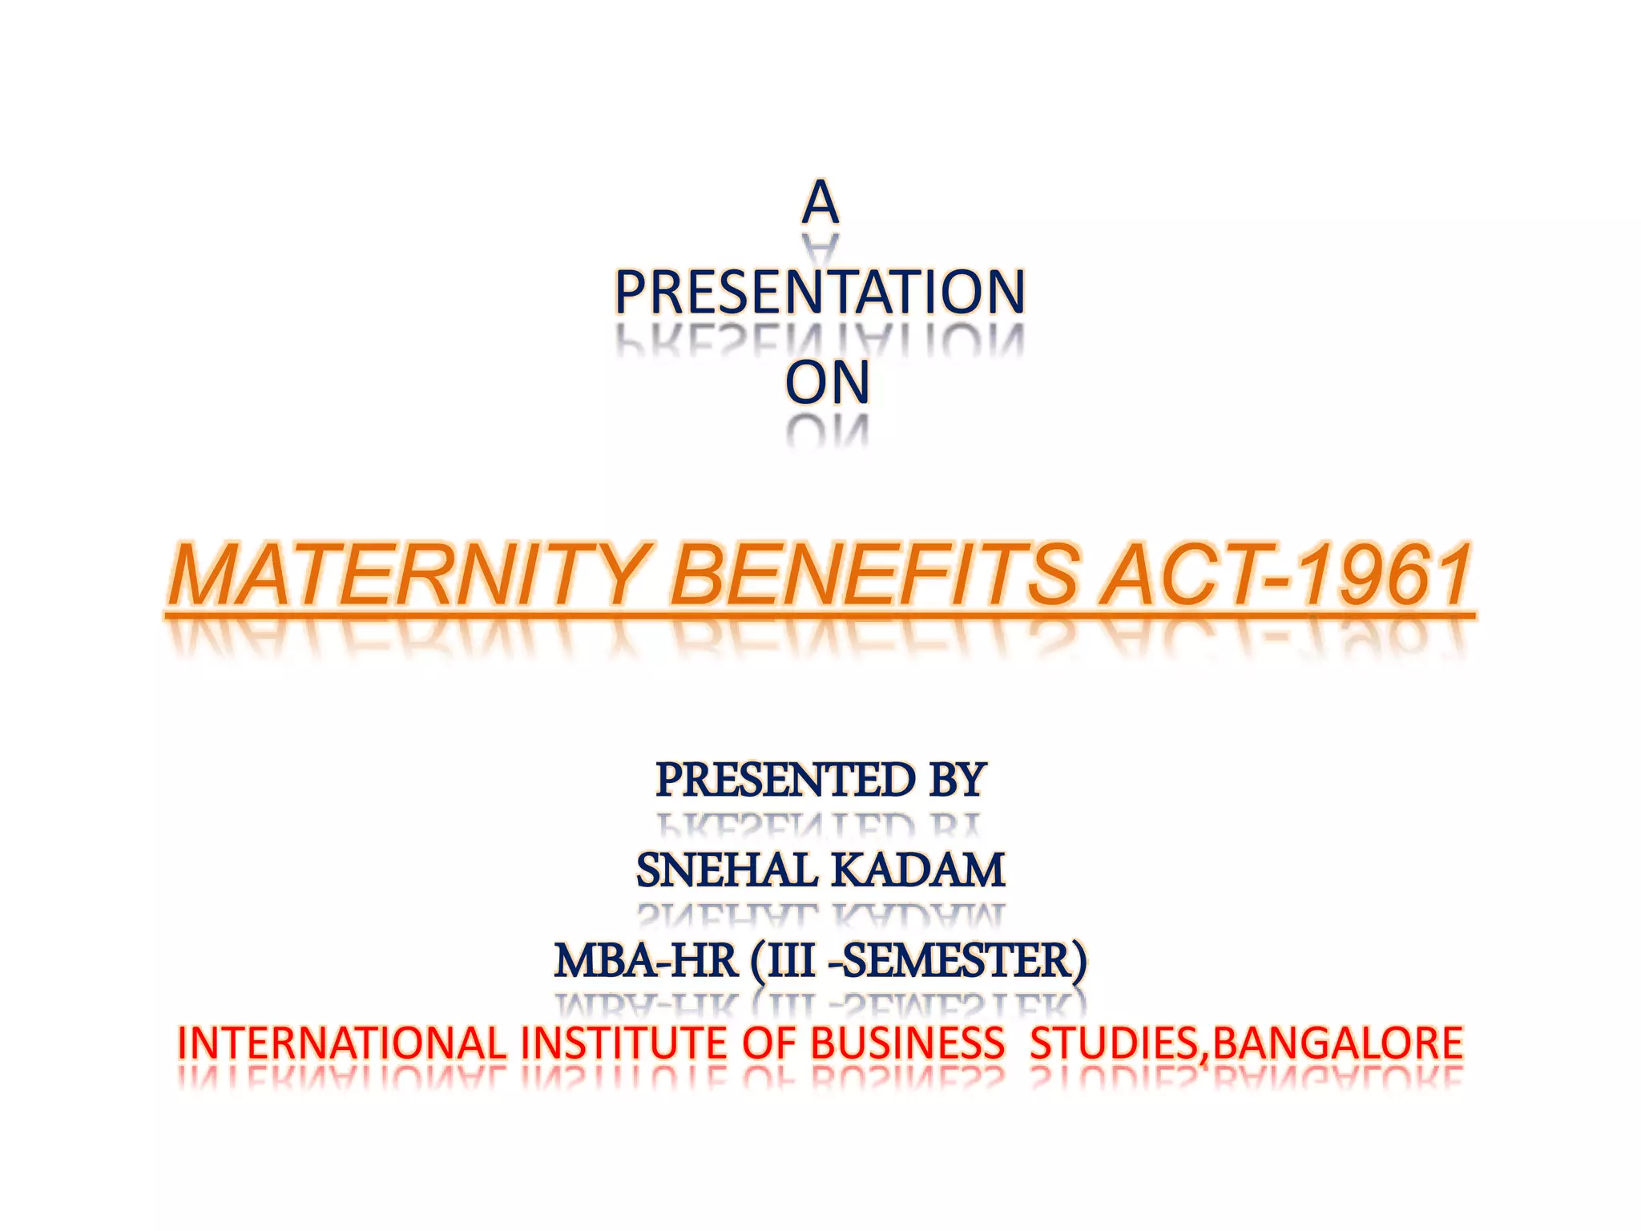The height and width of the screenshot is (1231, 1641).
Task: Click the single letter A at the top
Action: click(x=820, y=203)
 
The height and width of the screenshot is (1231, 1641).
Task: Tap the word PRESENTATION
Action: click(x=820, y=293)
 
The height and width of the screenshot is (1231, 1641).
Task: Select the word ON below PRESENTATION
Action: click(x=827, y=383)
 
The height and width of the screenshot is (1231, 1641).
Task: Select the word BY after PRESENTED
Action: click(x=957, y=780)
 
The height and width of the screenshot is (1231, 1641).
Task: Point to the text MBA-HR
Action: click(x=646, y=961)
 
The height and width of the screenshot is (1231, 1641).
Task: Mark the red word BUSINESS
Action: click(x=907, y=1044)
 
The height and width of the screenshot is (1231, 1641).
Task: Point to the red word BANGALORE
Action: click(x=1337, y=1044)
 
